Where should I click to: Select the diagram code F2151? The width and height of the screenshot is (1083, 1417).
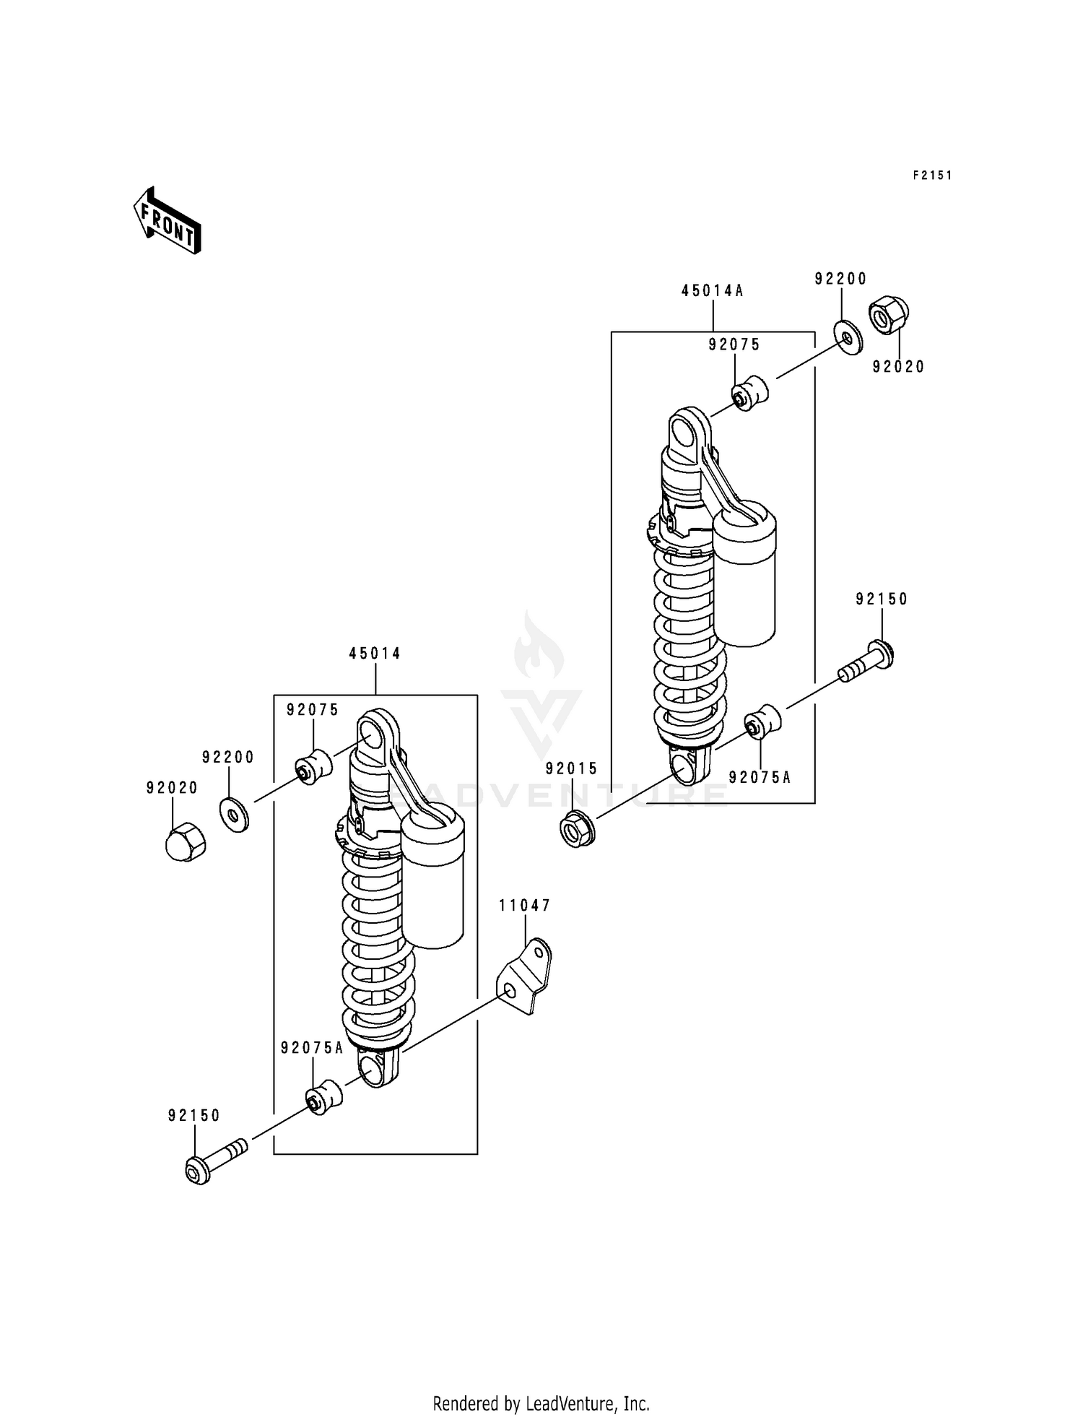point(932,175)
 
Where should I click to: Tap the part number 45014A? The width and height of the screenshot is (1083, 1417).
point(712,291)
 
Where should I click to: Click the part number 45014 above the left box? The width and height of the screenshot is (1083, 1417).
point(375,654)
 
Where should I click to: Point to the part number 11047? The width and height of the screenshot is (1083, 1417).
point(525,906)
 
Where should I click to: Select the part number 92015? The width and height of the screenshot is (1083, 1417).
point(572,769)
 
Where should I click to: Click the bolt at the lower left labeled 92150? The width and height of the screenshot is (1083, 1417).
point(215,1160)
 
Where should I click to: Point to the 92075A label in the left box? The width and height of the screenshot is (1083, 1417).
point(313,1048)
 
